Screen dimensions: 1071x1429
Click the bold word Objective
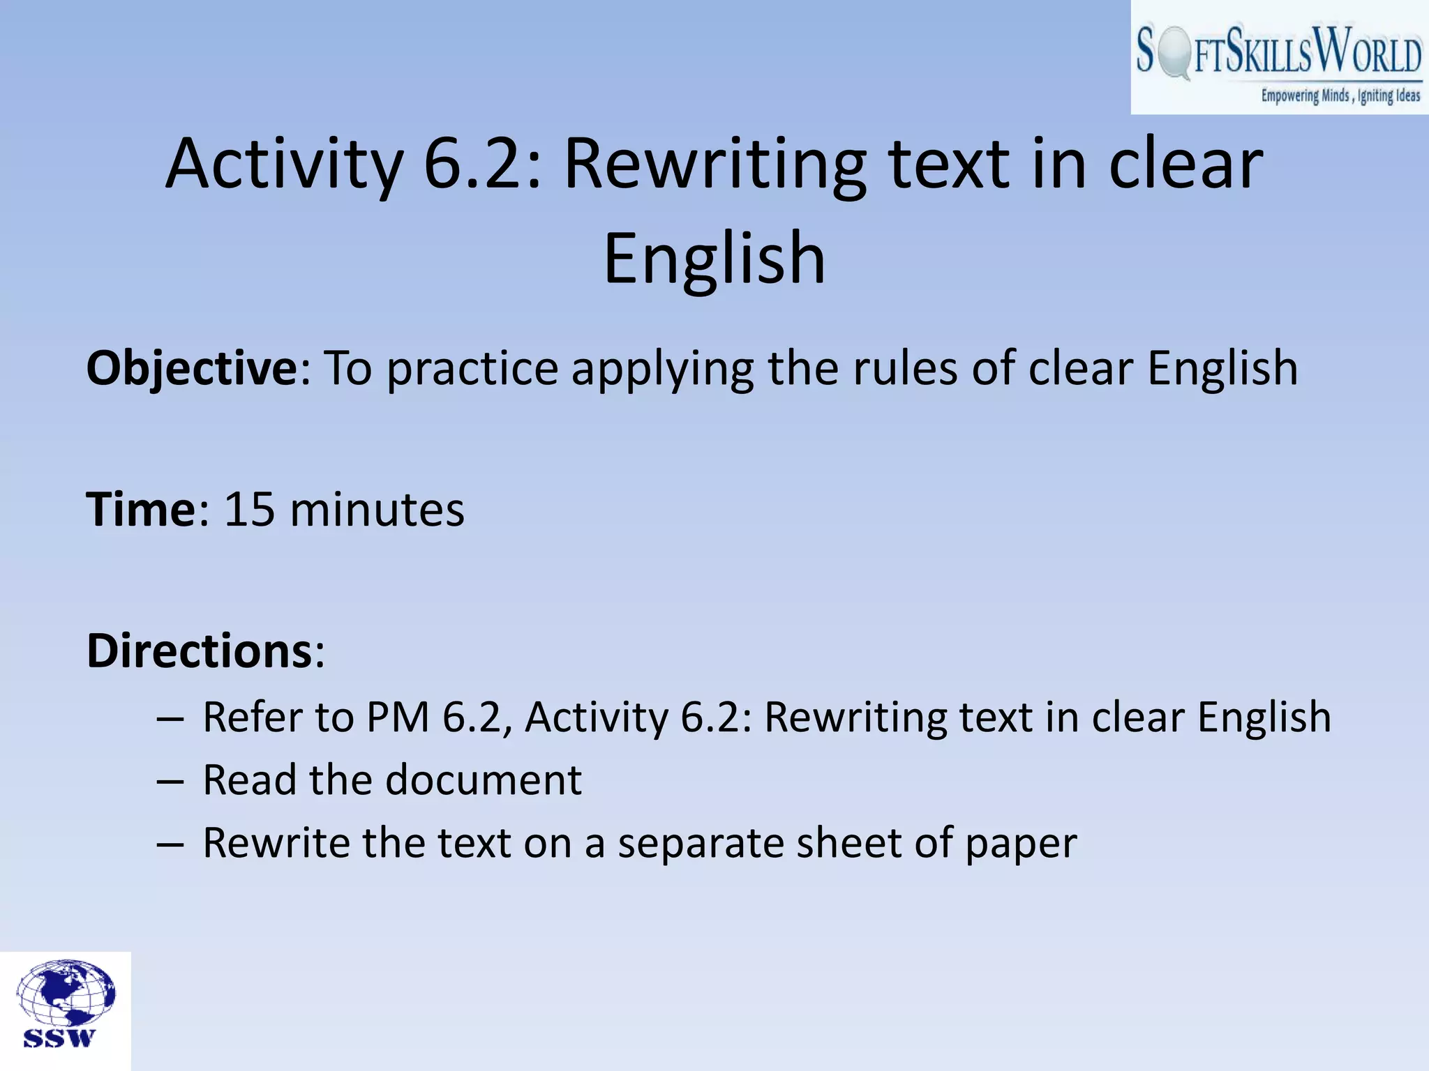(x=192, y=368)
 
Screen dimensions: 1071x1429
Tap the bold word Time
(x=142, y=510)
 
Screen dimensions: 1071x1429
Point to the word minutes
(x=377, y=510)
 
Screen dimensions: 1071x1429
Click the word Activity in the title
(x=285, y=165)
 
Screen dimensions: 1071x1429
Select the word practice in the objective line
(x=472, y=368)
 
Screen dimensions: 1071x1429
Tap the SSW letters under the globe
(x=59, y=1038)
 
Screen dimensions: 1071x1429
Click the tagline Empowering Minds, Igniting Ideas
(x=1340, y=96)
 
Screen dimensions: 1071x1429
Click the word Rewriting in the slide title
(x=714, y=165)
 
